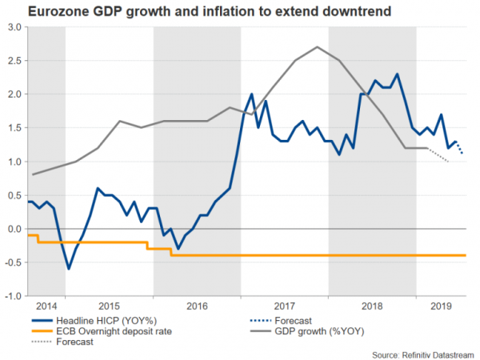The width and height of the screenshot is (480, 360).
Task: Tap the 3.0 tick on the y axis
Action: pyautogui.click(x=14, y=27)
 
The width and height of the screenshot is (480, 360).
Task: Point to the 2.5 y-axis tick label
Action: pyautogui.click(x=14, y=61)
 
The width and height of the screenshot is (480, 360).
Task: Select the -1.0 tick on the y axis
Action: pyautogui.click(x=13, y=296)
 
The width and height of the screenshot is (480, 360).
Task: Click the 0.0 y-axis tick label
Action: pyautogui.click(x=14, y=229)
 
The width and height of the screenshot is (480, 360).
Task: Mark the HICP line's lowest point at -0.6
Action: pyautogui.click(x=69, y=269)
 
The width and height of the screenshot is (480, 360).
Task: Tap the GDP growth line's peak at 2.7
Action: pyautogui.click(x=318, y=47)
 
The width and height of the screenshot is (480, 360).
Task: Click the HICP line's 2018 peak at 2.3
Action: pyautogui.click(x=398, y=74)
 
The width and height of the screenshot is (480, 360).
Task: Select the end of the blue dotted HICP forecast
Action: pyautogui.click(x=463, y=154)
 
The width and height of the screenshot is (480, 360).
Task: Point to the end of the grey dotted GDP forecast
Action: pyautogui.click(x=449, y=162)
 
